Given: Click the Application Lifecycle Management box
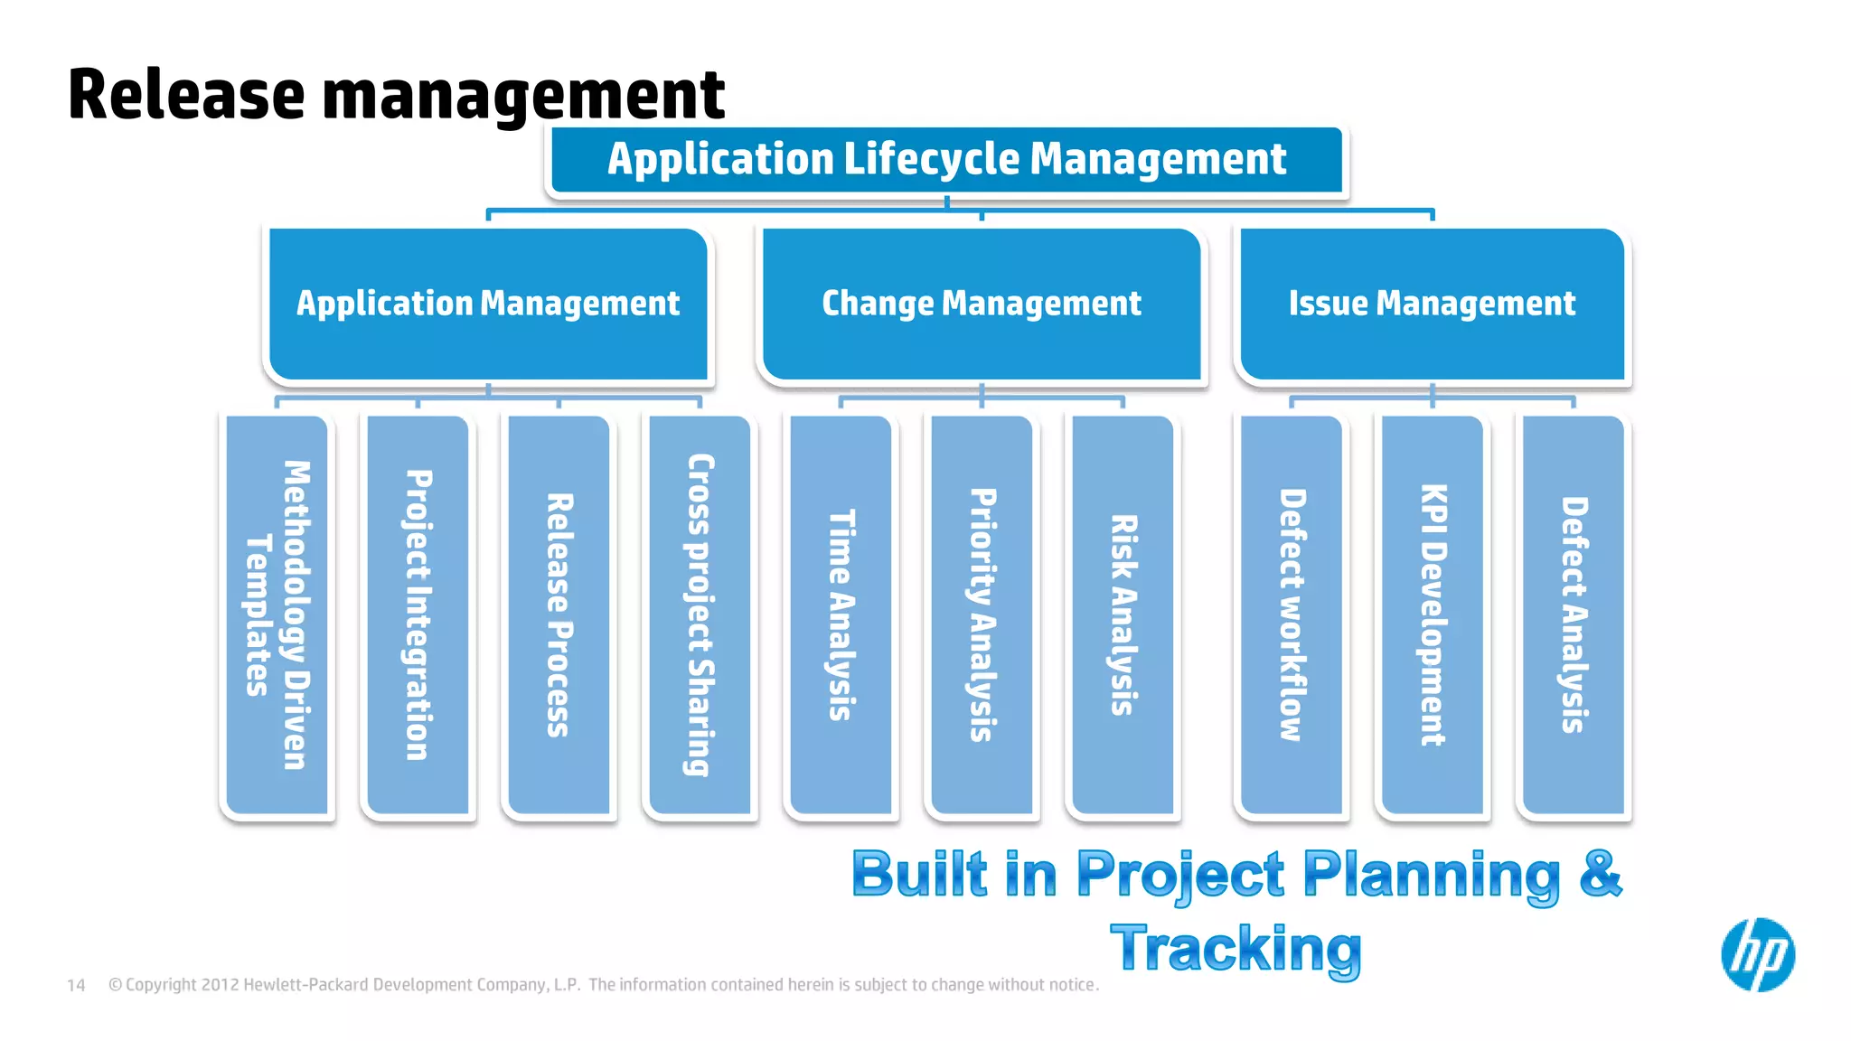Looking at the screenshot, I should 946,160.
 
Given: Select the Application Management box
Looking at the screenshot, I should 488,304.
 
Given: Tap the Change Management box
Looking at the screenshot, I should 982,304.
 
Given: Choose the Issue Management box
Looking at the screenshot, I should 1432,304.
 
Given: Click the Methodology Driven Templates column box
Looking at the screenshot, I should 277,614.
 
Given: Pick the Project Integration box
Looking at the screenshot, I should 418,614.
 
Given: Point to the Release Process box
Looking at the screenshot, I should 559,614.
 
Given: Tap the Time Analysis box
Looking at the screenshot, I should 841,614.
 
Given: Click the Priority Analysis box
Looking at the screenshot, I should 982,614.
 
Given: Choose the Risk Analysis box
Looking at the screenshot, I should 1123,614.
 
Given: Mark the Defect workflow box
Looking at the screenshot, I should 1292,614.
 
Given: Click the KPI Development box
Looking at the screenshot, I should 1433,614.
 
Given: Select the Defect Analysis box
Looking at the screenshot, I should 1574,614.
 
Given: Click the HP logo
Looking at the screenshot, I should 1757,955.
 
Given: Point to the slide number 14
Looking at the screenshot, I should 76,985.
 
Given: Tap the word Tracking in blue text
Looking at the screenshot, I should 1236,949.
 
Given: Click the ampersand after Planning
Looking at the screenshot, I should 1601,874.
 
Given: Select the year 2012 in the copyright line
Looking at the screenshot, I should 220,985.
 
